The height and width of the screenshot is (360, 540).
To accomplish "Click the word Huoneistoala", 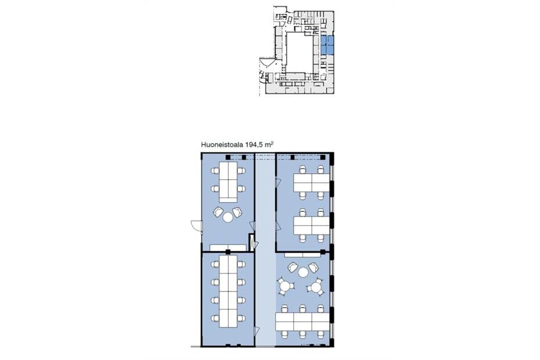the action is click(222, 145).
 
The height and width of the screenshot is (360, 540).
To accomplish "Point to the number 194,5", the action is click(253, 145).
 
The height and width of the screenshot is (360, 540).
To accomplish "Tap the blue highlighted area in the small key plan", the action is click(327, 45).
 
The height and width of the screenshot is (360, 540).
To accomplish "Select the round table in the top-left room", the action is click(228, 217).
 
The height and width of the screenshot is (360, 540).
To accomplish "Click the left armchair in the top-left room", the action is click(218, 211).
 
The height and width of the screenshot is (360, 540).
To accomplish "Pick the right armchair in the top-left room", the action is click(237, 211).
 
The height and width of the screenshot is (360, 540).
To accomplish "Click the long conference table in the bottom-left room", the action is click(228, 291).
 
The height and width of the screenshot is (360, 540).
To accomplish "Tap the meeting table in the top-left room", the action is click(228, 182).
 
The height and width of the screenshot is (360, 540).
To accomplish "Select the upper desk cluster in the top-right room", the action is click(312, 183).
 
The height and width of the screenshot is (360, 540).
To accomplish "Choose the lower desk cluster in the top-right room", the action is click(312, 225).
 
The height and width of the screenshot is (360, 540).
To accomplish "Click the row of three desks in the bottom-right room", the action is click(303, 322).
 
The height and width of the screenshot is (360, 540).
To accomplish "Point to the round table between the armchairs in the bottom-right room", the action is click(303, 272).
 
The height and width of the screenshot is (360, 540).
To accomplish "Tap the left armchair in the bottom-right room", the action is click(293, 268).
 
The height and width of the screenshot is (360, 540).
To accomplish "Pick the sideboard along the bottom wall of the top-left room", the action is click(228, 248).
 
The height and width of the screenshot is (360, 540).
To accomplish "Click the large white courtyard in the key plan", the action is click(300, 52).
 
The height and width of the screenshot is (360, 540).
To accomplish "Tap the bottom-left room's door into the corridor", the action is click(257, 332).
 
